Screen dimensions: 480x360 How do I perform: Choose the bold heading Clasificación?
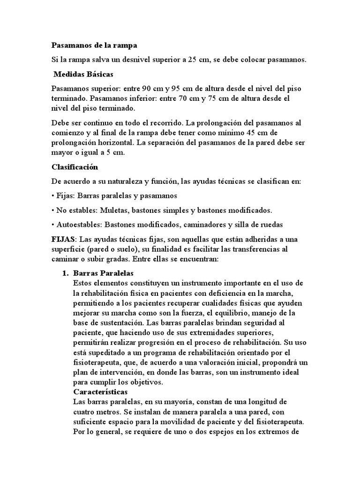tap(75, 166)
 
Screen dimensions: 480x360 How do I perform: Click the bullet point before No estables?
tap(52, 210)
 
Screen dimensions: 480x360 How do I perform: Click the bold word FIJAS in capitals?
tap(63, 239)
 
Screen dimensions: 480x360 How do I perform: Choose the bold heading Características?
tap(104, 392)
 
